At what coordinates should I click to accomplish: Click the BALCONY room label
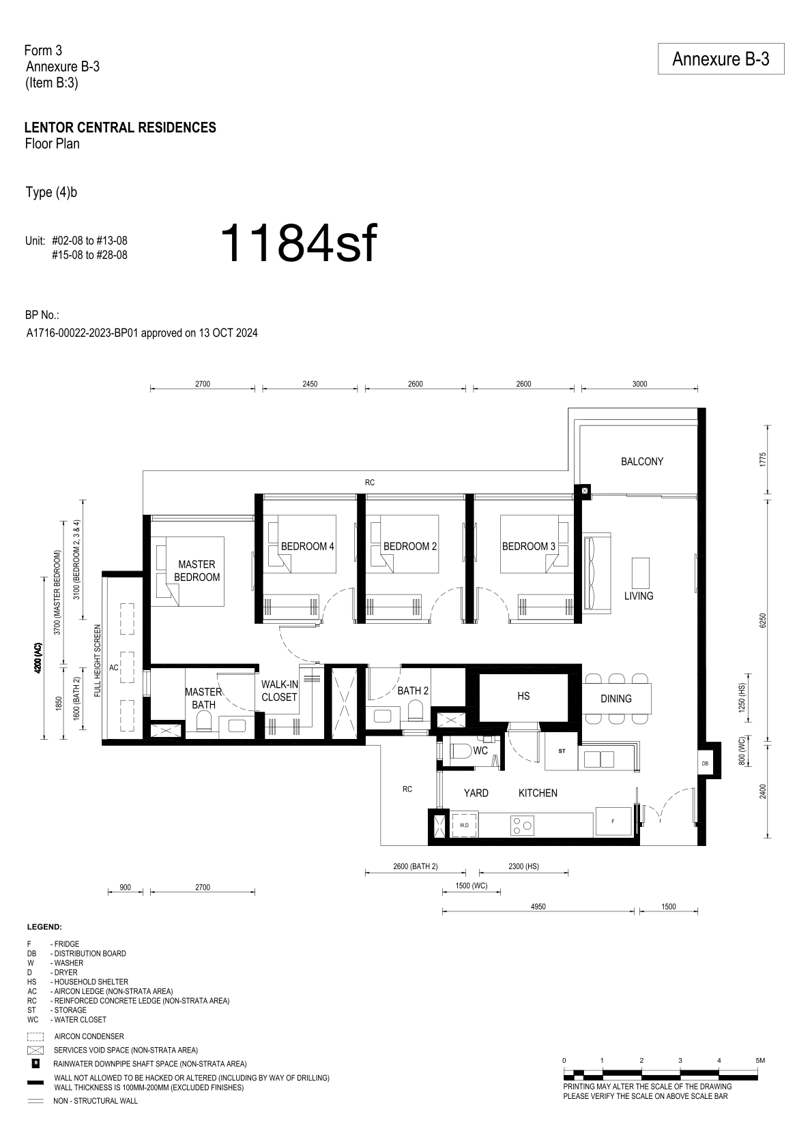(x=641, y=462)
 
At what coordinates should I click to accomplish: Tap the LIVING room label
(x=639, y=596)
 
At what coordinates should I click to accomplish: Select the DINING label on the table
(x=616, y=699)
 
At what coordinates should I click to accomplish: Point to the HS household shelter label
(x=523, y=696)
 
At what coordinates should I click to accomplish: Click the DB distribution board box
(x=705, y=763)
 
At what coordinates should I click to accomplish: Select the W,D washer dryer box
(x=464, y=825)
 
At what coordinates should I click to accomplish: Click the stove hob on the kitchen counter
(x=522, y=825)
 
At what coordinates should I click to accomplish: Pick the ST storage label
(x=562, y=751)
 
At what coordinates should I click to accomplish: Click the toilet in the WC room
(x=461, y=751)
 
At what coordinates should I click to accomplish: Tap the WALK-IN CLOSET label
(x=279, y=691)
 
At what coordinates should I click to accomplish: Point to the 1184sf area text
(x=299, y=243)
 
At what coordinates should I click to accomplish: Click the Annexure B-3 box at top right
(x=721, y=59)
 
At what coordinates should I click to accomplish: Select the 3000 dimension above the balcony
(x=639, y=384)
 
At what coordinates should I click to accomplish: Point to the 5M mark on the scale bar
(x=759, y=1060)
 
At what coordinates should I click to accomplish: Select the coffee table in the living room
(x=641, y=573)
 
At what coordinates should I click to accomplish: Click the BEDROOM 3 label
(x=528, y=546)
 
